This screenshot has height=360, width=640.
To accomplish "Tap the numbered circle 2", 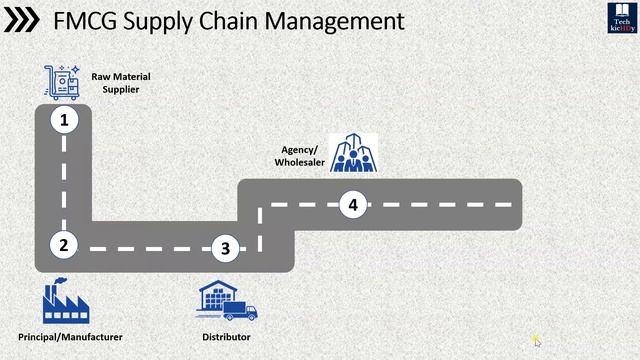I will tap(63, 244).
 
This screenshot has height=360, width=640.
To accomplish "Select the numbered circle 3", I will tap(226, 248).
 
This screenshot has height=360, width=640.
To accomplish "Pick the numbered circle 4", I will tap(352, 205).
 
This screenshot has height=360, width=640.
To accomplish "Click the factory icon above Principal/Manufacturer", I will tap(62, 302).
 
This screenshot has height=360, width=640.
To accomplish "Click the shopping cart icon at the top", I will tap(61, 81).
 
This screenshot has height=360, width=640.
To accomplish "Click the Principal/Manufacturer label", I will tap(70, 337).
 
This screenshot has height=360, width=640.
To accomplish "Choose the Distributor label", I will tap(226, 337).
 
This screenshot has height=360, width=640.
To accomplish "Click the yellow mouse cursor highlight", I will tap(536, 340).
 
